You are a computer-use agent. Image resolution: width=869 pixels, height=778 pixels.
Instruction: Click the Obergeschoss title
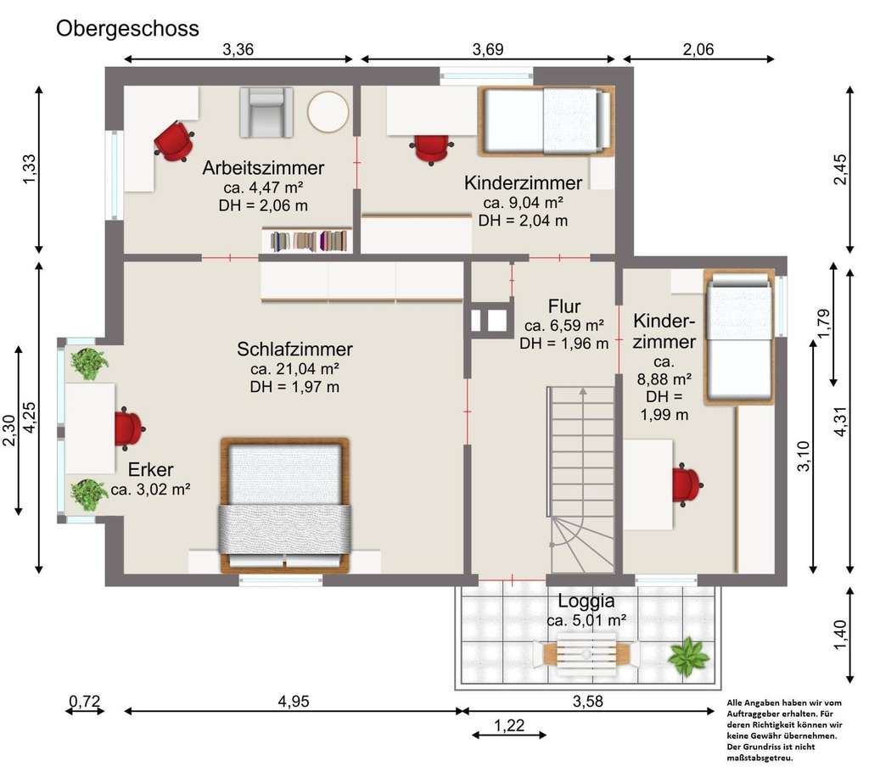[127, 28]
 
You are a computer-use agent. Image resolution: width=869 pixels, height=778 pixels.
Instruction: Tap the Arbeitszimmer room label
[263, 167]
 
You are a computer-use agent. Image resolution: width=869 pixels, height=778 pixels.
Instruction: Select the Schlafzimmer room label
[294, 349]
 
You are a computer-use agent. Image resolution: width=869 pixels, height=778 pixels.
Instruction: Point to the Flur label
[564, 306]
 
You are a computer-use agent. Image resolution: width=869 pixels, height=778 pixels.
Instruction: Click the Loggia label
[586, 602]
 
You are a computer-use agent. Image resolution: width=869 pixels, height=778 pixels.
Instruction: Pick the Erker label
[151, 470]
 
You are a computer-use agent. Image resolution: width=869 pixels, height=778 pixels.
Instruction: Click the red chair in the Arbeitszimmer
[174, 141]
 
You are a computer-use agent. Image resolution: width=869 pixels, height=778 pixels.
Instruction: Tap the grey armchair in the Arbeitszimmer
[266, 113]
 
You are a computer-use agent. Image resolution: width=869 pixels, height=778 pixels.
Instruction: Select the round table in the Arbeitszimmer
[328, 111]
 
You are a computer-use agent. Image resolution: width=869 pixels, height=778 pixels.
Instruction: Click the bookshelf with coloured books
[307, 240]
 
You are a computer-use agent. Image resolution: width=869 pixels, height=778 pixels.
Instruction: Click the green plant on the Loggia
[687, 658]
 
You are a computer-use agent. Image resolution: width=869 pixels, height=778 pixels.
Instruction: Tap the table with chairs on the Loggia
[586, 654]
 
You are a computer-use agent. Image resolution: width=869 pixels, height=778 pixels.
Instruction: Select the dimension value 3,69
[488, 50]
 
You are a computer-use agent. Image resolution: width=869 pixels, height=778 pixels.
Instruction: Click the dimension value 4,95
[294, 702]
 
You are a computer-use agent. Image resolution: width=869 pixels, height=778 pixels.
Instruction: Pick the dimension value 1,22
[509, 725]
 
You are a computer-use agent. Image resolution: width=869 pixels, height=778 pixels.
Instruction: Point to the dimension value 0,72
[84, 702]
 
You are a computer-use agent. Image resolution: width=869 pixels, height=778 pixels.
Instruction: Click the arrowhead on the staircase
[583, 391]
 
